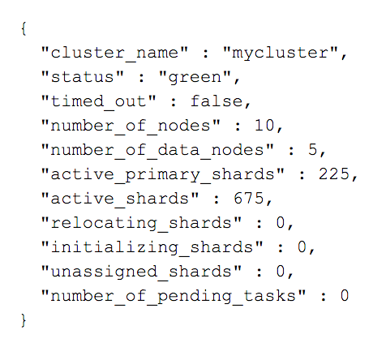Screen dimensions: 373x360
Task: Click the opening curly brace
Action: pyautogui.click(x=24, y=28)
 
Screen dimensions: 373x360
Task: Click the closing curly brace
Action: pyautogui.click(x=24, y=320)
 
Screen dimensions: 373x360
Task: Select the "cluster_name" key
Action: pyautogui.click(x=114, y=53)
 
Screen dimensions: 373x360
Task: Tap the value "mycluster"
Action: pyautogui.click(x=281, y=54)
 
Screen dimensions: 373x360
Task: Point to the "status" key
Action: pyautogui.click(x=83, y=77)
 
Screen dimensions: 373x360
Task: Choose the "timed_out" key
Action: pyautogui.click(x=98, y=101)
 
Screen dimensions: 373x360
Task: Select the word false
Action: pyautogui.click(x=217, y=101)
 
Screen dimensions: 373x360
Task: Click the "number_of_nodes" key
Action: pyautogui.click(x=131, y=126)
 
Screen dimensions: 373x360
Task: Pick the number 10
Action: pyautogui.click(x=264, y=126)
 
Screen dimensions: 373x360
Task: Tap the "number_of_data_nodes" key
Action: pyautogui.click(x=157, y=150)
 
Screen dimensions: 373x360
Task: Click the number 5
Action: pyautogui.click(x=313, y=150)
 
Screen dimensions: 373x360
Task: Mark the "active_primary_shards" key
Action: pyautogui.click(x=163, y=174)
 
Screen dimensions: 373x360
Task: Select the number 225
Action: pyautogui.click(x=334, y=174)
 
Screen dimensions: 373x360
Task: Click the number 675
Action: pyautogui.click(x=249, y=199)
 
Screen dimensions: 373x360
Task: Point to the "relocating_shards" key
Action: pyautogui.click(x=141, y=224)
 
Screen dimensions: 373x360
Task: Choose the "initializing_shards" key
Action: pyautogui.click(x=152, y=248)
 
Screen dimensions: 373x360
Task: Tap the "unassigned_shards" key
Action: pyautogui.click(x=141, y=272)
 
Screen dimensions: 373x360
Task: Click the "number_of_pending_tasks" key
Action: pyautogui.click(x=174, y=296)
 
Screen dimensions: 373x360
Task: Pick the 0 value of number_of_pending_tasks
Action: pyautogui.click(x=345, y=296)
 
